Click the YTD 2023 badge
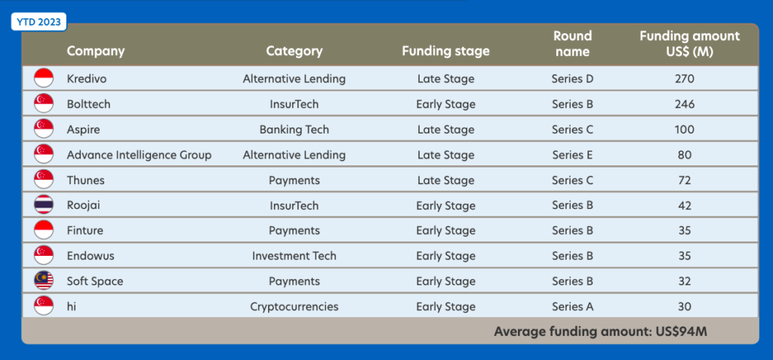coord(38,22)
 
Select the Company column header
coord(96,51)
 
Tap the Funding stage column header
coord(445,51)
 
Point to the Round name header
coord(572,44)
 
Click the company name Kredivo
coord(87,79)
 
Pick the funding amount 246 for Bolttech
coord(685,105)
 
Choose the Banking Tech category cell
coord(294,130)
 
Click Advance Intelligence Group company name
coord(139,155)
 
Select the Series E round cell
coord(572,155)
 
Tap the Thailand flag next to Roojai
coord(44,205)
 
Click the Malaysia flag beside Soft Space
coord(44,281)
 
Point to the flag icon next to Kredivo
coord(44,78)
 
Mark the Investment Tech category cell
coord(294,256)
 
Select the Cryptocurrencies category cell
coord(294,306)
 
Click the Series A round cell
coord(572,306)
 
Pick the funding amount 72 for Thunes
coord(685,180)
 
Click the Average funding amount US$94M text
coord(600,331)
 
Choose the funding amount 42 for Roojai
coord(685,205)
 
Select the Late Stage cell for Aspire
coord(445,130)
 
